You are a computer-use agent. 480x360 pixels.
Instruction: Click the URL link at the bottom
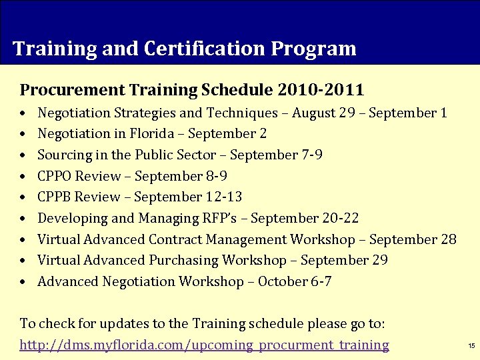(204, 345)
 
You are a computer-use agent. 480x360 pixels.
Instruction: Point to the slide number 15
(471, 345)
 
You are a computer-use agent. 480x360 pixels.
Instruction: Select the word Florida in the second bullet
(152, 134)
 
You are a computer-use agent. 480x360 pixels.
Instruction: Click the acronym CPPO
(55, 176)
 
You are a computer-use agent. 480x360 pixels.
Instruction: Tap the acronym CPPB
(55, 197)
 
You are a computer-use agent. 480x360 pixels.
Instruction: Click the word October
(283, 281)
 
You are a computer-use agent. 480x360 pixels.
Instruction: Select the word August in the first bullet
(313, 113)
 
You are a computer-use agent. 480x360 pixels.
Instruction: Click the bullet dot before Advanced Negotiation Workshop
(23, 282)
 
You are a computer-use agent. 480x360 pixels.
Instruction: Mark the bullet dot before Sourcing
(23, 155)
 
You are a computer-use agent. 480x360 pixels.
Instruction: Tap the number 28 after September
(448, 239)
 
